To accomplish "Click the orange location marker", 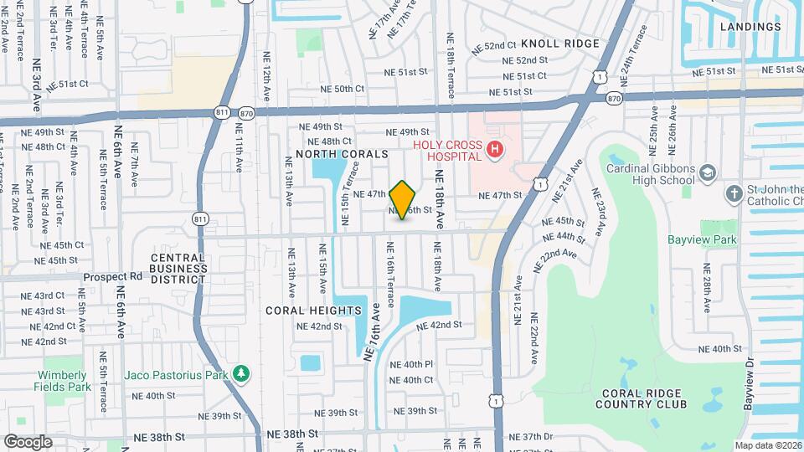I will coord(403,200).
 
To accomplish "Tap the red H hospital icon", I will coord(496,150).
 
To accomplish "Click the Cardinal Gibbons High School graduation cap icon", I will coord(709,172).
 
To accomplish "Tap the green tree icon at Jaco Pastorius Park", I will coord(241,372).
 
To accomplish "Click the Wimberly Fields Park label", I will coord(61,381).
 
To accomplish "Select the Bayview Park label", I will coord(701,240).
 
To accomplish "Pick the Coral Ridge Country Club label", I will coord(642,398).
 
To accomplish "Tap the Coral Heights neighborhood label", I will coord(313,311).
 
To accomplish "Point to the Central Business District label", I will coord(178,269).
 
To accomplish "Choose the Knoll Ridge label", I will coord(559,44).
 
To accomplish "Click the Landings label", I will coord(750,27).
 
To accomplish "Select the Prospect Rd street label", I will coord(113,276).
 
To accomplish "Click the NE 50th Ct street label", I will coord(343,89).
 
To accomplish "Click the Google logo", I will coord(27,441).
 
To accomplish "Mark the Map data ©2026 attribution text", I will coord(767,445).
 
